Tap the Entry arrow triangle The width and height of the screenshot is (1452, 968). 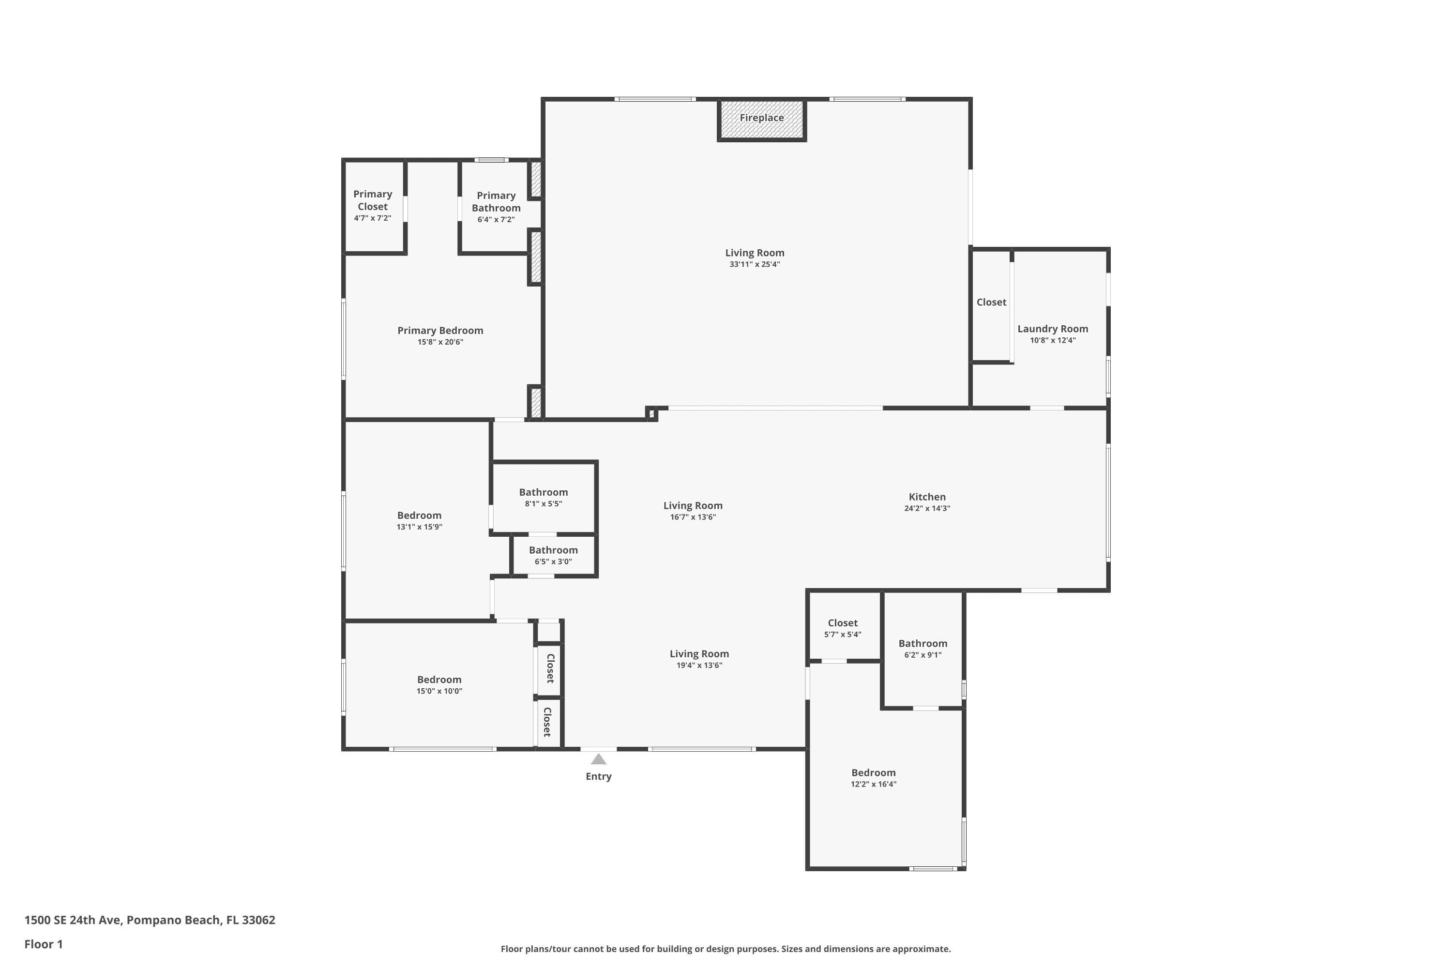[598, 759]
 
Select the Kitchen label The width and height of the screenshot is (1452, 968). [927, 497]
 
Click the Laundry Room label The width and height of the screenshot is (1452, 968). [1053, 329]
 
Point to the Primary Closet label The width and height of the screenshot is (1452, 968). [372, 200]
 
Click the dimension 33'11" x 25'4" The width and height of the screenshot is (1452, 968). [755, 264]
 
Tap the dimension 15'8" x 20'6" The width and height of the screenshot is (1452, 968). [440, 342]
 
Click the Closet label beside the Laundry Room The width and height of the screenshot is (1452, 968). [991, 302]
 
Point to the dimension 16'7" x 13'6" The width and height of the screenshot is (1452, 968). [693, 517]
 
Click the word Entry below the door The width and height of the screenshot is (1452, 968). [598, 777]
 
